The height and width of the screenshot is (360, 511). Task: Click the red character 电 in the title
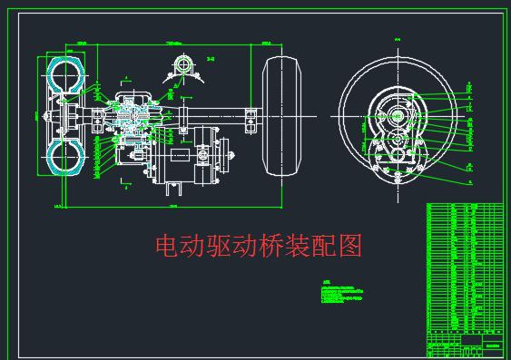coord(168,246)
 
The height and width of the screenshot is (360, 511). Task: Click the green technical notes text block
coord(345,292)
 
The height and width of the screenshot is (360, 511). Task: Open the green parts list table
coord(464,268)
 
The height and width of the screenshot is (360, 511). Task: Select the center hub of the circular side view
coord(397,117)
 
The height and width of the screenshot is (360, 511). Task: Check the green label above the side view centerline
coord(398,39)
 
